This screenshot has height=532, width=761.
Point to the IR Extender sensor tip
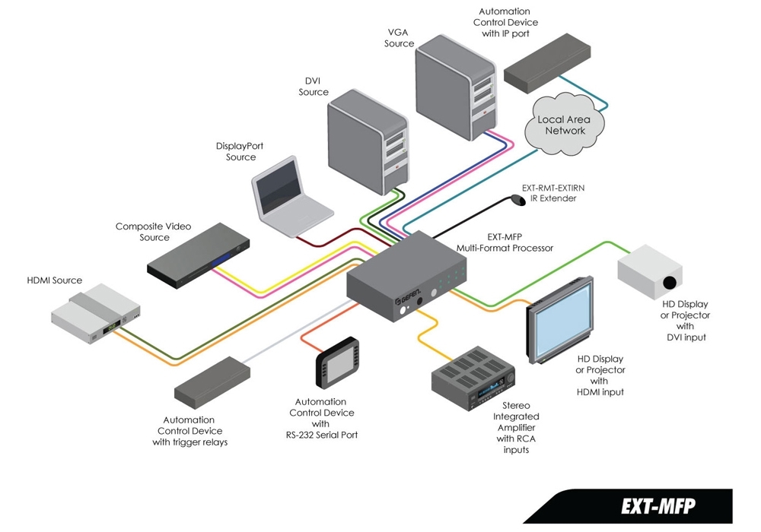(x=518, y=200)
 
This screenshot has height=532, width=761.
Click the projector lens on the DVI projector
(x=669, y=283)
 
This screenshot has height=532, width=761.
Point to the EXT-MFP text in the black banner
(x=658, y=506)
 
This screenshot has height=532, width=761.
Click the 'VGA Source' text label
(x=400, y=38)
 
